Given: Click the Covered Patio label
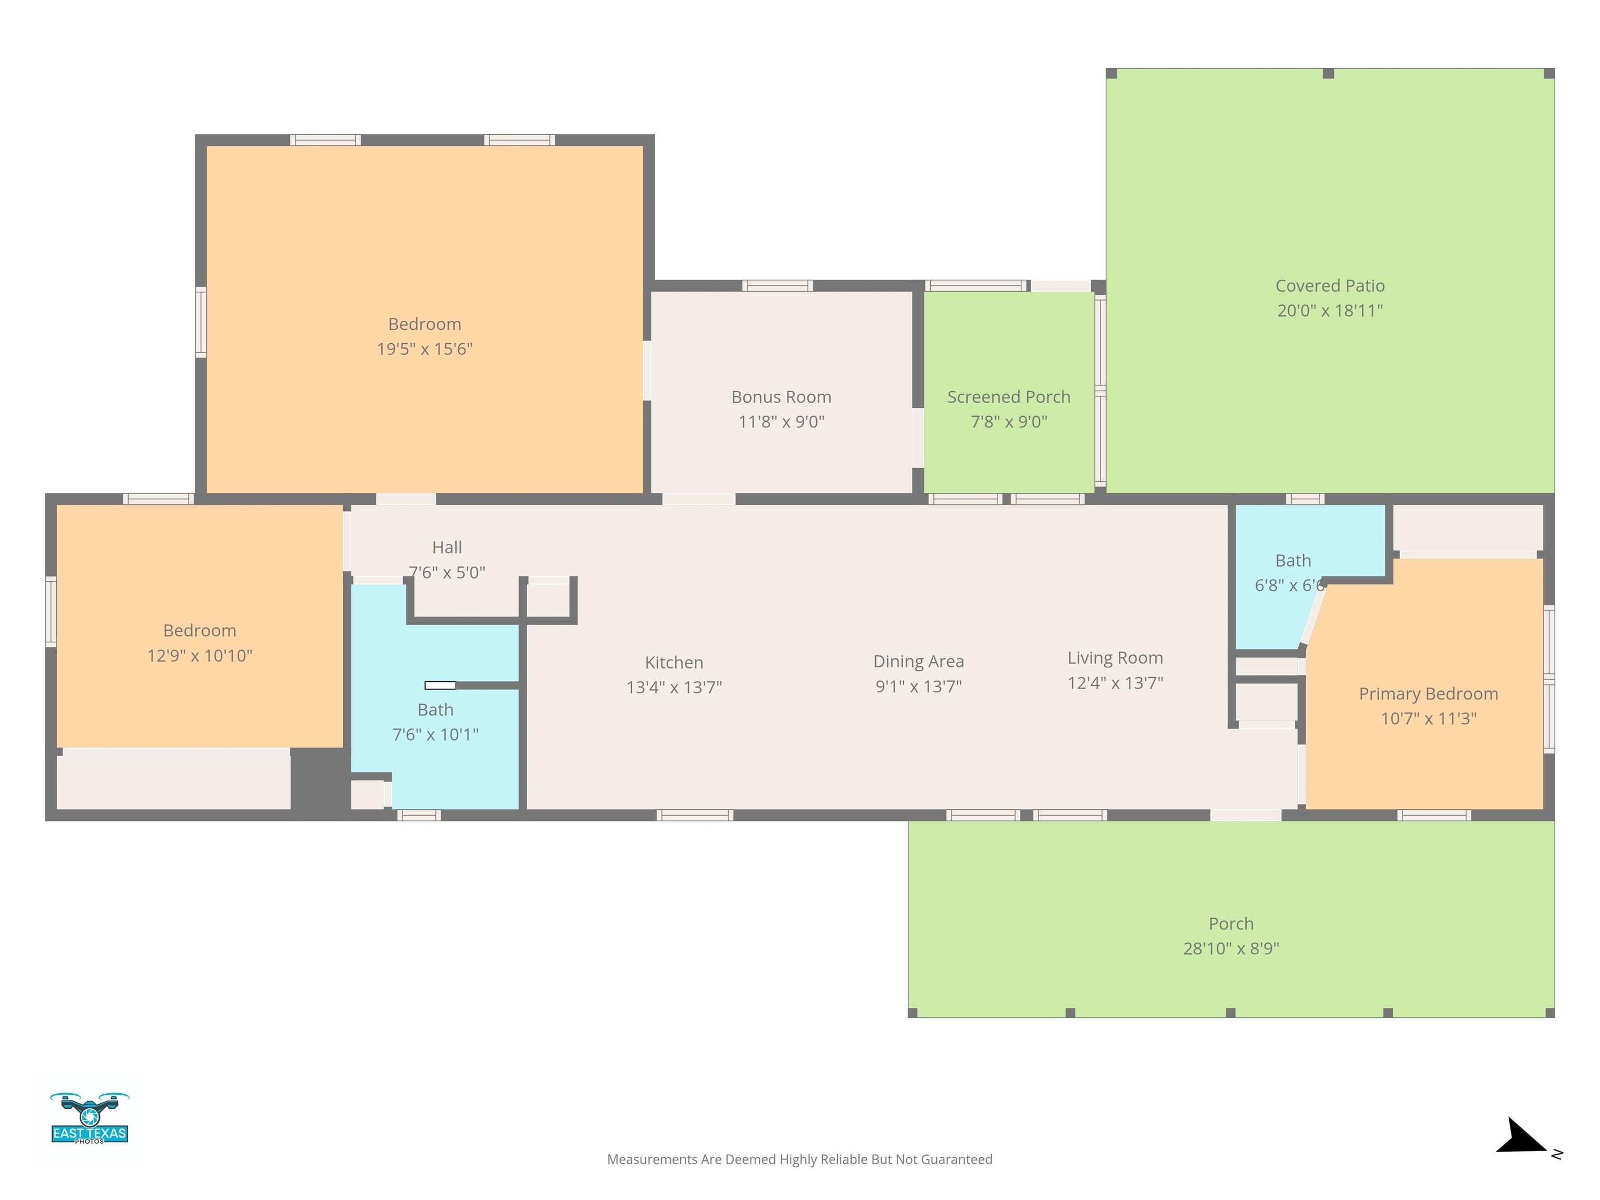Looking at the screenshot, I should coord(1330,286).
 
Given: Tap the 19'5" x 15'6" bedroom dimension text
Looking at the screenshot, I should coord(424,348).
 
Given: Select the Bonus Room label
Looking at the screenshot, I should coord(781,396).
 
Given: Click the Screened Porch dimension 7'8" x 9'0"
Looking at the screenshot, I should coord(1008,422).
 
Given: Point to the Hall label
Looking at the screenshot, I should coord(446,547).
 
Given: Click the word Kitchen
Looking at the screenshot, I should coord(673,662).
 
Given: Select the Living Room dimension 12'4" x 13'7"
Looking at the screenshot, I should coord(1115,683).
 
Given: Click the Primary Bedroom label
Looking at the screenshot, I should coord(1428,694).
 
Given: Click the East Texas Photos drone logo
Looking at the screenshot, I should coord(89,1118).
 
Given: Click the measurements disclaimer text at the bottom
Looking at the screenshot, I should coord(799,1159).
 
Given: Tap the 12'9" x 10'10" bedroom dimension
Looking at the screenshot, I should coord(199,655).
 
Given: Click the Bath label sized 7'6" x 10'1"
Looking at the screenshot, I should coord(435,709).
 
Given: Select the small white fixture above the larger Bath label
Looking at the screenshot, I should coord(440,685).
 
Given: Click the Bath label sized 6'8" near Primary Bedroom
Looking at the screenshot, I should coord(1293,560).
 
